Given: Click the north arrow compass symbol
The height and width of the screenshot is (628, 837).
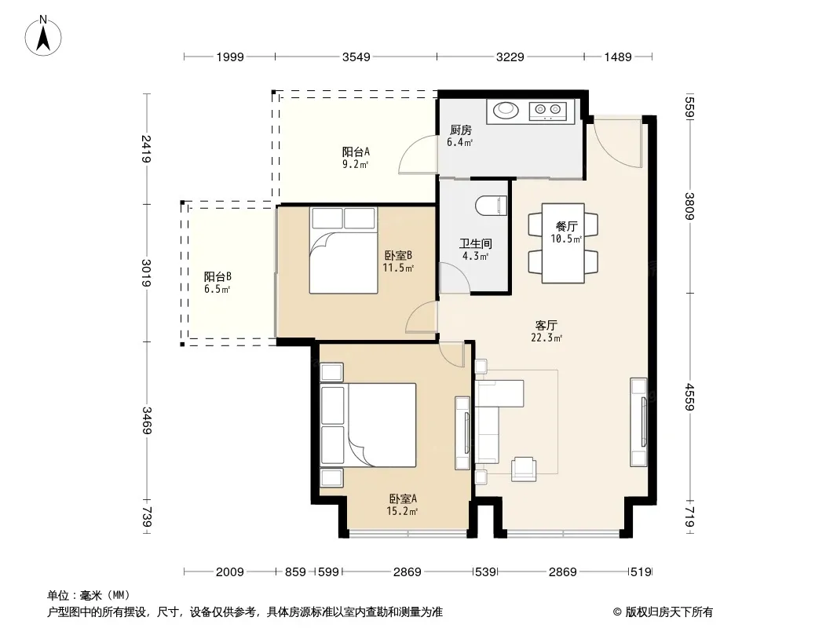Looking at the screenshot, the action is (x=43, y=36).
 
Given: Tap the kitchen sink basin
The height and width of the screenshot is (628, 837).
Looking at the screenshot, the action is (x=506, y=111).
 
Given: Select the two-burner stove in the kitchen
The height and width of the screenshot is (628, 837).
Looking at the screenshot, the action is (x=548, y=111).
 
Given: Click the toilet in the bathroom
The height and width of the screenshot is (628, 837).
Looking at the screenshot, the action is (x=491, y=206).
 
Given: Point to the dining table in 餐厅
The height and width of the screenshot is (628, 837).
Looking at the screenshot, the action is (x=563, y=243).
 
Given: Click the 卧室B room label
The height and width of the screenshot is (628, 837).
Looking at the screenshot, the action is (x=398, y=256).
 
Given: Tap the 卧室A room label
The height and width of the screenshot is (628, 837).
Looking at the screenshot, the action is (x=403, y=499).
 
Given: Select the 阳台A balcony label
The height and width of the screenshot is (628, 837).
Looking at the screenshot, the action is (x=356, y=152).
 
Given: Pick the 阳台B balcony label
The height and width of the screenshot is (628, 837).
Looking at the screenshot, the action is (x=217, y=276).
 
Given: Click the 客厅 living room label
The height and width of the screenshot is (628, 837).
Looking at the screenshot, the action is (x=546, y=325).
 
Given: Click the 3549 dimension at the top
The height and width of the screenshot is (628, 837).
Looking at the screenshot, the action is (x=356, y=57).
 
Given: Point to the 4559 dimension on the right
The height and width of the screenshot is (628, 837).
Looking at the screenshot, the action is (x=689, y=397).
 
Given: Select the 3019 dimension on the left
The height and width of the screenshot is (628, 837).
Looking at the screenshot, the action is (x=146, y=272).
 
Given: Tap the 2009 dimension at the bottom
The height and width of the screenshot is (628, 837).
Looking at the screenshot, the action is (x=229, y=572).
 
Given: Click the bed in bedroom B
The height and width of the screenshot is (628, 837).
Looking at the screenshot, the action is (x=343, y=250).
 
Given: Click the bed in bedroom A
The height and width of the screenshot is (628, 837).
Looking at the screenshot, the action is (x=367, y=425).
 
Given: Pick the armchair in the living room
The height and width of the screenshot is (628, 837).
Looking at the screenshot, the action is (x=524, y=469).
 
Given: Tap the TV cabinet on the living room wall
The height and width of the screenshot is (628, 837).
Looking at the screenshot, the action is (x=638, y=422).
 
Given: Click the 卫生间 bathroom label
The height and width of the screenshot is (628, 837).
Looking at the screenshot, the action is (x=475, y=244).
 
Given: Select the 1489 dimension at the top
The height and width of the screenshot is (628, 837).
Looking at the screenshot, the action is (x=618, y=57).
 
